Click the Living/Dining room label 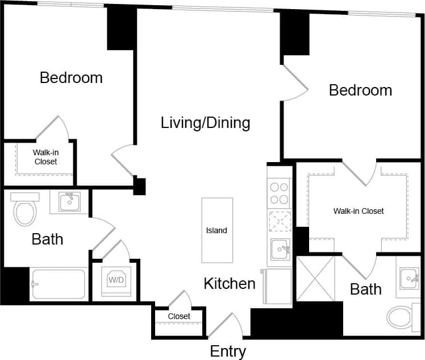pos(205,122)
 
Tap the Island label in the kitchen pos(216,230)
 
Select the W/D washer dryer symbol pos(116,280)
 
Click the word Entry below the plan pos(228,351)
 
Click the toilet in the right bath pos(402,316)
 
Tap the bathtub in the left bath pos(59,284)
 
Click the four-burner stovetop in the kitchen pos(280,193)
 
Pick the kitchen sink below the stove pos(280,248)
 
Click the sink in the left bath pos(69,201)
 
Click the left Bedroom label pos(71,78)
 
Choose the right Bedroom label pos(360,90)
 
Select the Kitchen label pos(230,283)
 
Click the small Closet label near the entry pos(179,316)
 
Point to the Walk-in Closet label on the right pos(359,211)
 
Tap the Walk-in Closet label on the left pos(45,157)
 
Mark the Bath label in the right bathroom pos(366,289)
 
